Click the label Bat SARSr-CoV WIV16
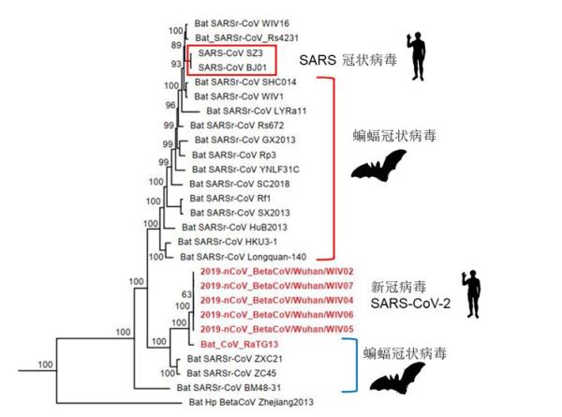click(x=242, y=23)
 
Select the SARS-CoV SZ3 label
click(x=230, y=53)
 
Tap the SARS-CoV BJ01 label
click(x=232, y=67)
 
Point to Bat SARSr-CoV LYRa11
click(x=257, y=112)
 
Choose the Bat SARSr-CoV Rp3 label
click(x=234, y=155)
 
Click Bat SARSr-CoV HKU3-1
click(x=228, y=242)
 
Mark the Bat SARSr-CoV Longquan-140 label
click(x=243, y=257)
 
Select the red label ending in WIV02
click(x=276, y=271)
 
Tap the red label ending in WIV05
click(x=276, y=329)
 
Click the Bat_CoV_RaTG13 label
click(x=239, y=344)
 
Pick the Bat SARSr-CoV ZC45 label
click(x=231, y=373)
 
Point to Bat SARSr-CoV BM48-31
click(x=229, y=388)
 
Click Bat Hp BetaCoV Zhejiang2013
click(x=251, y=402)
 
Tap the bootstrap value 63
click(x=186, y=294)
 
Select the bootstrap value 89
click(x=176, y=46)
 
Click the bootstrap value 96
click(x=170, y=105)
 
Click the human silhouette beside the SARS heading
click(x=416, y=56)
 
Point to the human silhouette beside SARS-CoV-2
click(x=472, y=294)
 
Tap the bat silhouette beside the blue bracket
click(x=398, y=378)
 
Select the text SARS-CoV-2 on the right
click(x=410, y=304)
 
